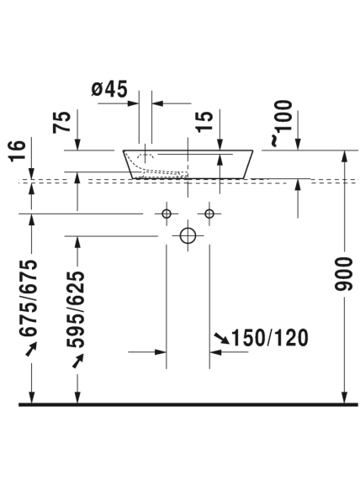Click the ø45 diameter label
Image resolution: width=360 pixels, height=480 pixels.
point(109,89)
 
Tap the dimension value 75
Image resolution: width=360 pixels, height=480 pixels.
point(62,122)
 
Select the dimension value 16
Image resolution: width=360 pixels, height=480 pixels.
point(17,150)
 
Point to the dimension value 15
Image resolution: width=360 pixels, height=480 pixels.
point(204,122)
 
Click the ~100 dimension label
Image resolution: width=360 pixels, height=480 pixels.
point(282,123)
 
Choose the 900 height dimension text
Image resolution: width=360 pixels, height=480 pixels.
point(344,274)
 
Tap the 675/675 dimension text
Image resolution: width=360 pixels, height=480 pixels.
point(29,298)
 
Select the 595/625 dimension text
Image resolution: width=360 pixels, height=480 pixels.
point(76,309)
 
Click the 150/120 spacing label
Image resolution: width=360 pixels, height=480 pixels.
point(269,338)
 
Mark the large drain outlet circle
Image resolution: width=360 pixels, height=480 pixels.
point(188,235)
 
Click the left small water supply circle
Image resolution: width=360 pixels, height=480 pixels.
point(167,214)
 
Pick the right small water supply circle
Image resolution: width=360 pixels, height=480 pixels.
point(209,214)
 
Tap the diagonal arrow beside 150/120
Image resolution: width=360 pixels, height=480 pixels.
point(222,338)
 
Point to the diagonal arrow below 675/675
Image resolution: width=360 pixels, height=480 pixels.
point(31,349)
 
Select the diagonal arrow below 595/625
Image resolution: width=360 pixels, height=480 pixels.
point(78,361)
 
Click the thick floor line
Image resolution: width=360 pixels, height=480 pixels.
point(188,404)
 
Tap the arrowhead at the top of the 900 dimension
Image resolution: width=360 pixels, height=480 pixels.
point(345,156)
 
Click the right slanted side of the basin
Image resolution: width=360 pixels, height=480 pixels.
point(248,164)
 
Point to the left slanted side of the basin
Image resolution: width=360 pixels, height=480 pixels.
point(128,164)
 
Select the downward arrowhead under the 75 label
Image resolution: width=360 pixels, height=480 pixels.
point(77,145)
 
